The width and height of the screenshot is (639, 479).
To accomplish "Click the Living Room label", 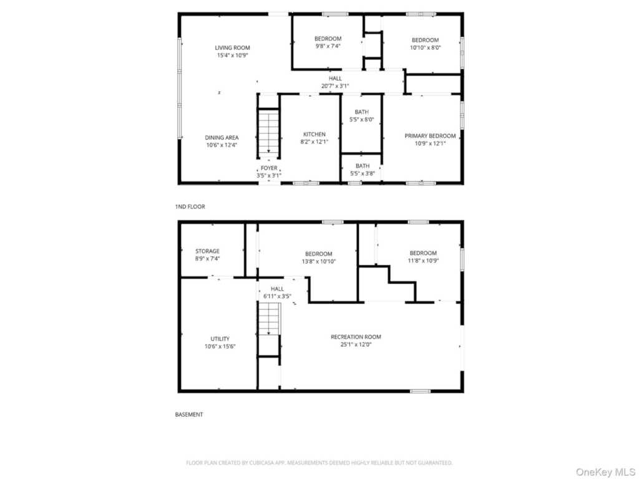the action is coord(232,47).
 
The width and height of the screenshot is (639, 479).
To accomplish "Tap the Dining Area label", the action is coord(222,138).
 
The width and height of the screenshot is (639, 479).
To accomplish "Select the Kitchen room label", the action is coord(315,135).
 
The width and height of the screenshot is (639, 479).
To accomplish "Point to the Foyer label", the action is coord(269,168).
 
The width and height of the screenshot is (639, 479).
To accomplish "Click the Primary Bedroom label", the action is coord(430,136).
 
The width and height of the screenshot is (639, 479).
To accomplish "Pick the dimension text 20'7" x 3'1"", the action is coord(335,86).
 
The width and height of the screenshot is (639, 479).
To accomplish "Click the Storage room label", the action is coord(207,251).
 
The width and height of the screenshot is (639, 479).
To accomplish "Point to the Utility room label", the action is coord(220,339).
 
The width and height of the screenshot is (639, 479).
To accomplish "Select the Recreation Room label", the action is coord(356,337).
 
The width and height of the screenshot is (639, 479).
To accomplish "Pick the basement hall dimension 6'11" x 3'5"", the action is coord(277,296).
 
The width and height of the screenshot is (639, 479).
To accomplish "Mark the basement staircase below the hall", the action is coord(268,319).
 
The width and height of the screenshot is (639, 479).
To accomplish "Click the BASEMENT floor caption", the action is coord(188,415).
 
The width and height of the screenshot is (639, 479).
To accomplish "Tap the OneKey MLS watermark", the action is coord(605,473).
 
